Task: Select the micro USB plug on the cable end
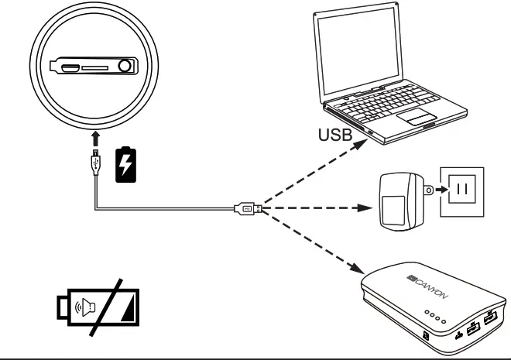(x=95, y=160)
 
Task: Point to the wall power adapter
(x=401, y=201)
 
